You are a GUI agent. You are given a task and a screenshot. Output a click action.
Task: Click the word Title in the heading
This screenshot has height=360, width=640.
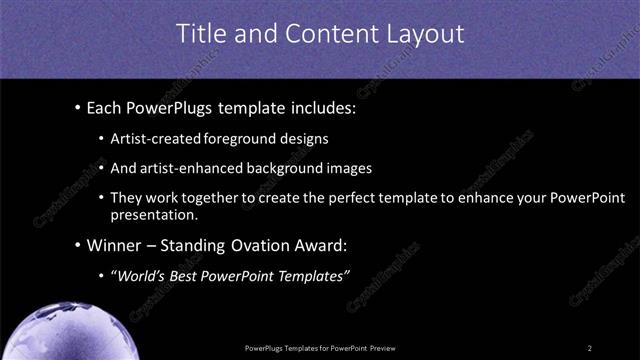click(x=200, y=34)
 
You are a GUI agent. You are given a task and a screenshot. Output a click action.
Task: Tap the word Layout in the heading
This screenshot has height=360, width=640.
click(x=429, y=34)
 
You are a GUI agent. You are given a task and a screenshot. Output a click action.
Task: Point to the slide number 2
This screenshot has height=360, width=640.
click(x=590, y=347)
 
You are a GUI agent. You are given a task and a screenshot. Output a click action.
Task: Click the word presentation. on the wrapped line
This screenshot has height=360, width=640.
click(x=155, y=214)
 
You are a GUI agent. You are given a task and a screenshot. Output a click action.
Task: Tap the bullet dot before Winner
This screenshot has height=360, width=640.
click(x=78, y=245)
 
